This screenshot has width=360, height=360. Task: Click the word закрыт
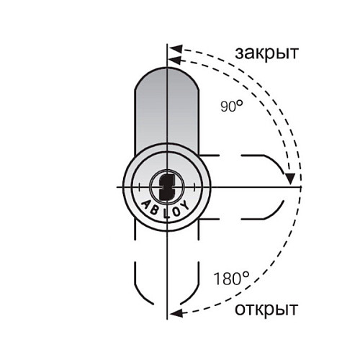pos(268,53)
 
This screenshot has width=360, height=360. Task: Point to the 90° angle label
pos(232,107)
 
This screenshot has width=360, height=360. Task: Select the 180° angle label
pos(230,277)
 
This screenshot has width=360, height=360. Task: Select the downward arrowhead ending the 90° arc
pos(291,178)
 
